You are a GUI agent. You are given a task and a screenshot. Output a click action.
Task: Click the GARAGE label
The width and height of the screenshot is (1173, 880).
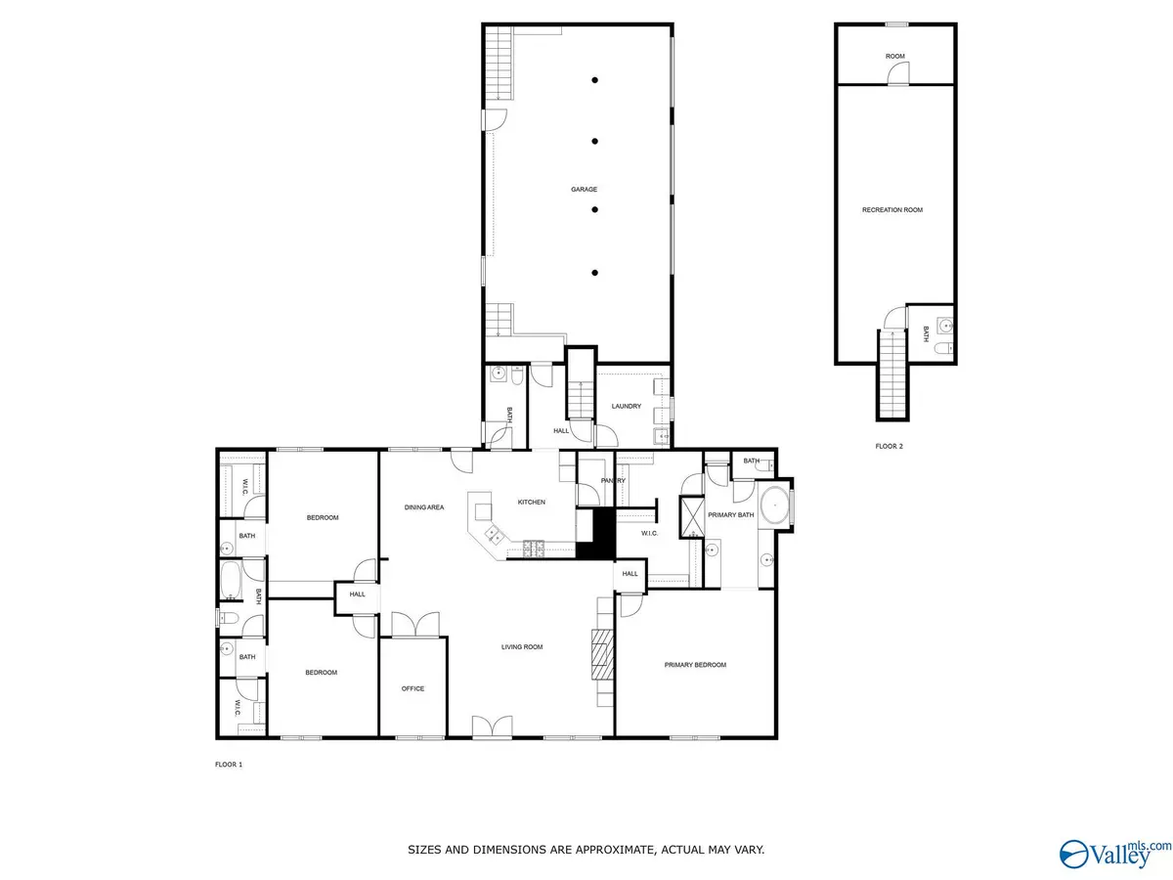(x=585, y=190)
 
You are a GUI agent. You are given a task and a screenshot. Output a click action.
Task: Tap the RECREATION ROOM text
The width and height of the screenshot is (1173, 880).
(x=891, y=210)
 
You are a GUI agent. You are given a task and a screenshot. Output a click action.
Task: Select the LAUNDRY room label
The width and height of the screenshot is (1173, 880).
(x=626, y=407)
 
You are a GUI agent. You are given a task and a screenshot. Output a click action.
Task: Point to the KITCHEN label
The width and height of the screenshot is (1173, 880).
(x=532, y=503)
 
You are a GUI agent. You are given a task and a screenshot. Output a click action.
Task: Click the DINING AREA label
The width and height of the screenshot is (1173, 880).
(x=425, y=507)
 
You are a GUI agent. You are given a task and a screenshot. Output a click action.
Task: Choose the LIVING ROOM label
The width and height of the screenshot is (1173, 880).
(x=522, y=647)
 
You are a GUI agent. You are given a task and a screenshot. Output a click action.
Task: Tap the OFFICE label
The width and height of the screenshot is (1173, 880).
(x=413, y=689)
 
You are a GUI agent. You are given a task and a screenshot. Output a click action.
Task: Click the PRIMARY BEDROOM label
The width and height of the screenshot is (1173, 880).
(x=695, y=665)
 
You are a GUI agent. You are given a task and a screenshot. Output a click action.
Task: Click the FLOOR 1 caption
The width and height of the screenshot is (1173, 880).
(x=229, y=764)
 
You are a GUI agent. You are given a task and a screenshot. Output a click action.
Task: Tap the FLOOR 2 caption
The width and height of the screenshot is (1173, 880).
(x=890, y=446)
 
